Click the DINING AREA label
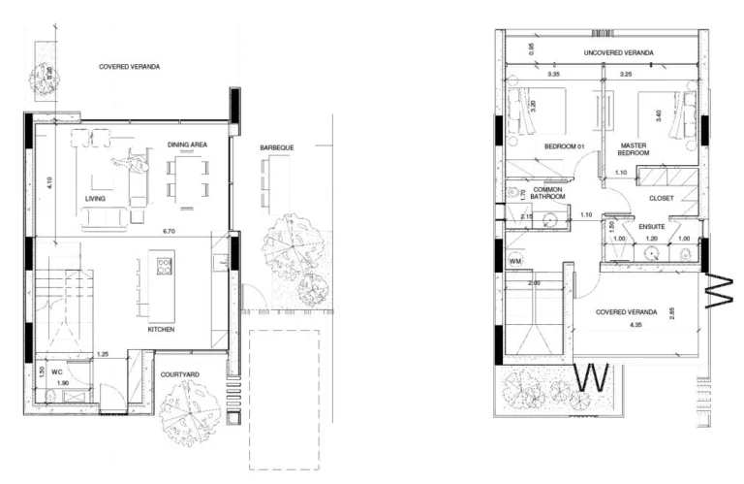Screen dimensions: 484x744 point(188,145)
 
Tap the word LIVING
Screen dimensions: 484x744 point(95,200)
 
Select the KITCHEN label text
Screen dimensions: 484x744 point(161,330)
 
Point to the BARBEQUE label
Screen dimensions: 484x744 point(277,147)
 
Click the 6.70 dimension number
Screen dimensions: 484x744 point(168,231)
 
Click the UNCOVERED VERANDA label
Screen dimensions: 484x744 point(618,52)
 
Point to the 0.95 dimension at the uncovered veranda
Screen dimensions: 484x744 point(530,48)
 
